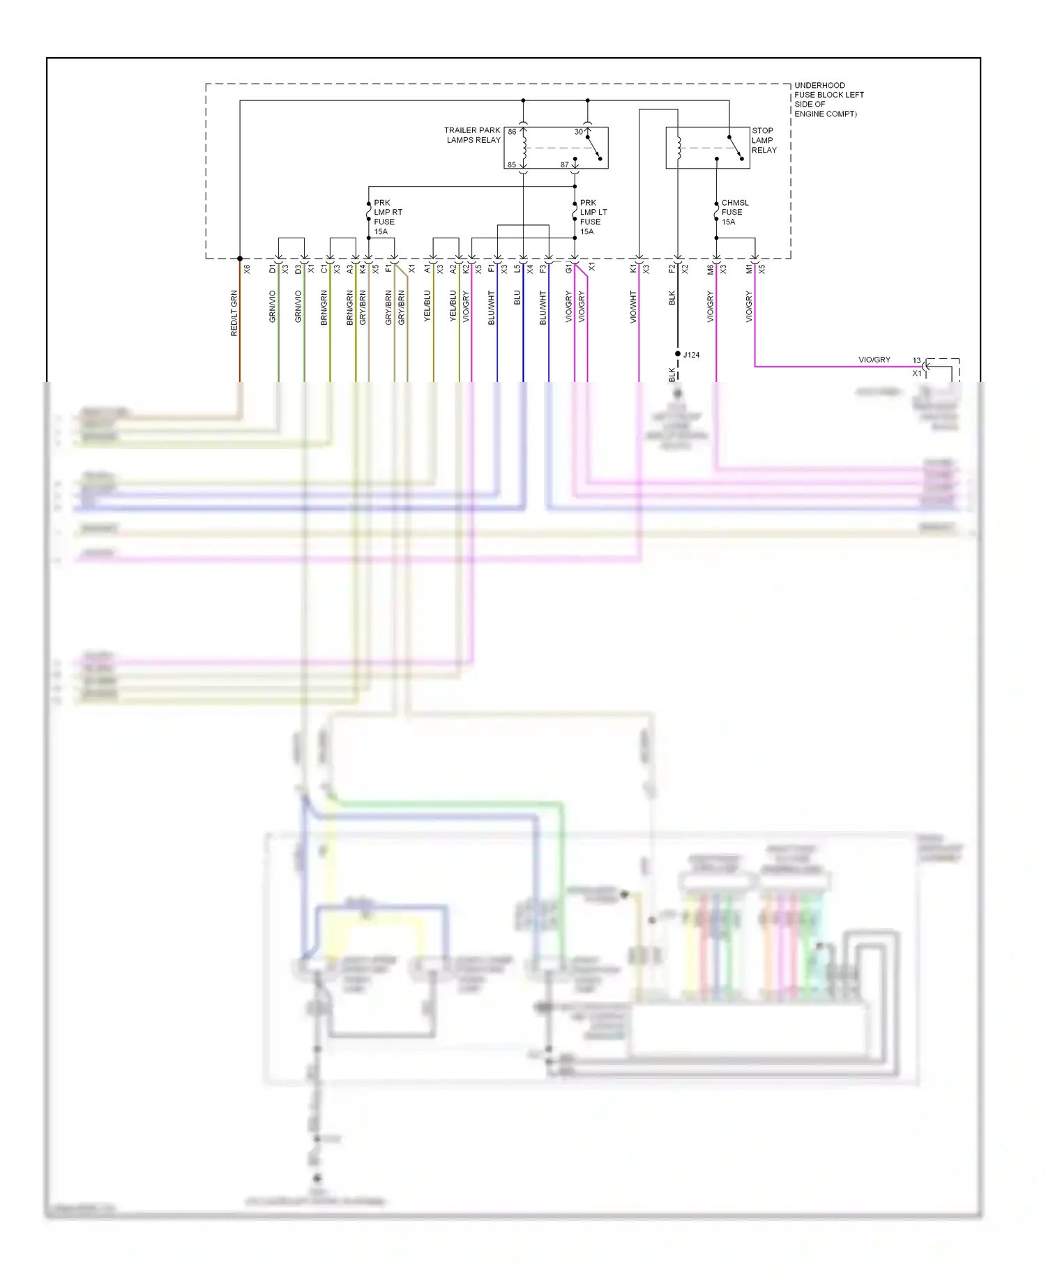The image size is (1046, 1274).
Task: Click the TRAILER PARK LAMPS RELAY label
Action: (x=473, y=135)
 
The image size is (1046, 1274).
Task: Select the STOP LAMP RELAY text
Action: (x=764, y=140)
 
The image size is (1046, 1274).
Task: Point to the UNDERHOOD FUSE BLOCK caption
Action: (x=828, y=99)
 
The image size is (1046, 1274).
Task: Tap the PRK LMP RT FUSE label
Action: (x=388, y=217)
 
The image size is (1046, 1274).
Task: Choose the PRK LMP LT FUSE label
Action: (x=593, y=217)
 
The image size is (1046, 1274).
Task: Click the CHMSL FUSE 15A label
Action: (x=734, y=212)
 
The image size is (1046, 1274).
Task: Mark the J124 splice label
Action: (x=691, y=355)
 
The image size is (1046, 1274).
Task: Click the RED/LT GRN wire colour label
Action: (x=234, y=313)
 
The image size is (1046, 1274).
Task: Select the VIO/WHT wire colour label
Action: (x=633, y=307)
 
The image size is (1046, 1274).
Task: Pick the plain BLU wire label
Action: (x=517, y=298)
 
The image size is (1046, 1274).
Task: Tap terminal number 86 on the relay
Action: (x=512, y=132)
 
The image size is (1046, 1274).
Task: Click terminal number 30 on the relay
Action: (x=578, y=132)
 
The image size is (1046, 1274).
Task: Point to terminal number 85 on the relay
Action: (x=512, y=165)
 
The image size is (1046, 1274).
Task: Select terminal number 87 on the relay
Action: (x=564, y=165)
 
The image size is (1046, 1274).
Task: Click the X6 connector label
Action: (x=247, y=268)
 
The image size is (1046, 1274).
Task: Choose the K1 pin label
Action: (x=633, y=268)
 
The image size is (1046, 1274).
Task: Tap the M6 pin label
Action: (x=711, y=268)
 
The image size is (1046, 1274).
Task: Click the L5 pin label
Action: (x=517, y=268)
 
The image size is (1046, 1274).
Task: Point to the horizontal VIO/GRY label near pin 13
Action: (x=874, y=360)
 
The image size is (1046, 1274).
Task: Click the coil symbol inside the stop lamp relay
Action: (x=678, y=146)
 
